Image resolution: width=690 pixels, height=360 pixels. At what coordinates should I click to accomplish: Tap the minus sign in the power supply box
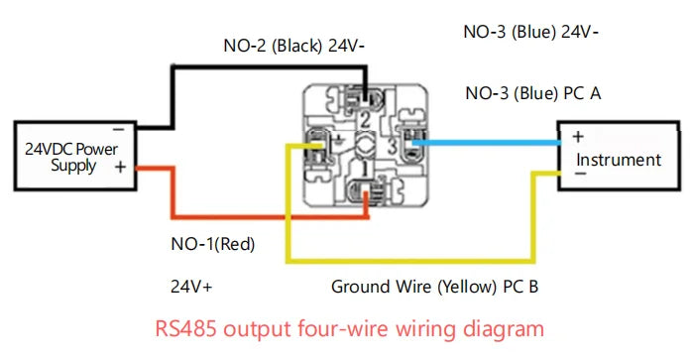[x=117, y=129]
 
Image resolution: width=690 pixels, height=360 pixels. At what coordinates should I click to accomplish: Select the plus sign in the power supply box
[x=120, y=168]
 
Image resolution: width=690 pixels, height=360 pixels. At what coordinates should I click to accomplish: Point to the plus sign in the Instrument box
[x=578, y=137]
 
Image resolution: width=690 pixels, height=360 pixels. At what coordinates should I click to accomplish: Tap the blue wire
[x=486, y=143]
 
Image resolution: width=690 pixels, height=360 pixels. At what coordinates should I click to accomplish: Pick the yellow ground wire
[x=416, y=262]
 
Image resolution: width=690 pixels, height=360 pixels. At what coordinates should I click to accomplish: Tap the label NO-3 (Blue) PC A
[x=534, y=94]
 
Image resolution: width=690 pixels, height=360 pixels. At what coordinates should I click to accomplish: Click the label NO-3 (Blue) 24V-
[x=531, y=31]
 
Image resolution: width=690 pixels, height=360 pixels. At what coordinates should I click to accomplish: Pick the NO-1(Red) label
[x=212, y=244]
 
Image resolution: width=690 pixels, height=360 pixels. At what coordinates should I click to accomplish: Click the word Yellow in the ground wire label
[x=458, y=288]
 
